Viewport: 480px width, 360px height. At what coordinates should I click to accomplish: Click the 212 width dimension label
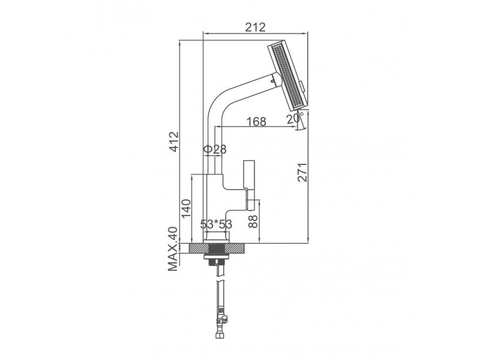click(x=256, y=27)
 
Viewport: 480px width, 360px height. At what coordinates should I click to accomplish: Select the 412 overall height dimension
click(x=175, y=142)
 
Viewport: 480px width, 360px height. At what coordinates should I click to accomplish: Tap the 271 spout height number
click(x=302, y=172)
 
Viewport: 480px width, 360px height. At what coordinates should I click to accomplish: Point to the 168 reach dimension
click(x=257, y=122)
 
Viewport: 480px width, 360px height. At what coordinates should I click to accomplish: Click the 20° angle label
click(x=295, y=118)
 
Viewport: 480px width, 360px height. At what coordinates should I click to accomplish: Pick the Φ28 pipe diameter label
click(x=215, y=149)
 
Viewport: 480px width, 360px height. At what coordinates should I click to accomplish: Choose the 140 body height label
click(x=186, y=209)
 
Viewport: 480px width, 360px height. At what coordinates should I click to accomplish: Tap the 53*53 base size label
click(x=216, y=224)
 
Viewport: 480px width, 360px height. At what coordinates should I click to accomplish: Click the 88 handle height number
click(x=253, y=221)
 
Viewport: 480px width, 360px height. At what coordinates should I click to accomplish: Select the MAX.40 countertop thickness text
click(x=173, y=249)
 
